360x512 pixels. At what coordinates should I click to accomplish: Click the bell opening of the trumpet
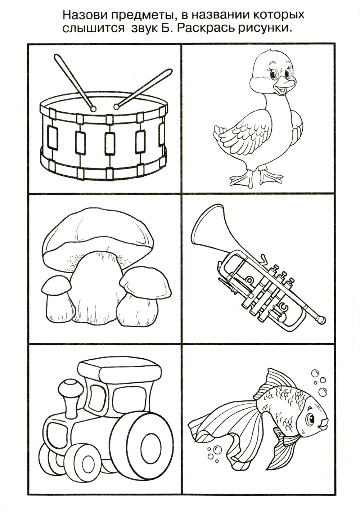coord(206,223)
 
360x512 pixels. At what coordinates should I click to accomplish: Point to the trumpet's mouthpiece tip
coord(322,319)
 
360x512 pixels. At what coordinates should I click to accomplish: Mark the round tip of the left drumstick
coord(93,109)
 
